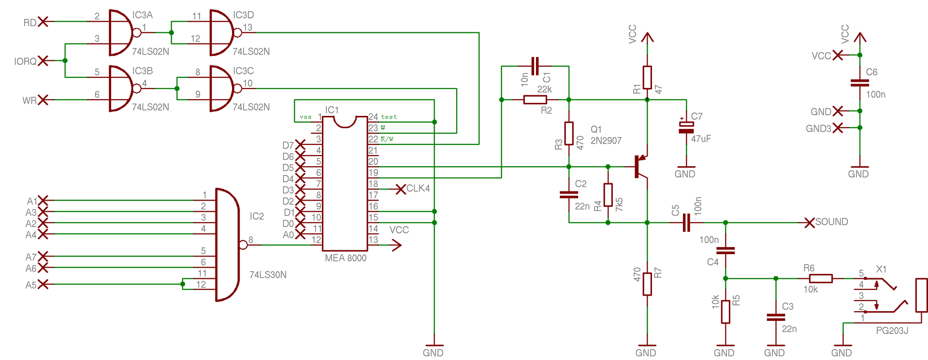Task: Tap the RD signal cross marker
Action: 43,22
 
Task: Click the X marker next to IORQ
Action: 43,61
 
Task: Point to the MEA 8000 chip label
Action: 346,258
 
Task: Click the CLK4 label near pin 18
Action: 418,188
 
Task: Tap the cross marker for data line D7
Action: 300,144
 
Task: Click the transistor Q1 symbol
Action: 640,167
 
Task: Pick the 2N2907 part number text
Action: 606,141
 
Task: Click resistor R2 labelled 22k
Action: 535,100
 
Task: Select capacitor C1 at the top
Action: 535,66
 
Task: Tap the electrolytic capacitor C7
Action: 686,127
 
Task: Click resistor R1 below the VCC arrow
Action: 647,77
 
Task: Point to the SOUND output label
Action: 832,222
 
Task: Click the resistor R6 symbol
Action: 821,278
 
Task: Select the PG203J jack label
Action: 892,331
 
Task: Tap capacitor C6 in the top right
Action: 860,83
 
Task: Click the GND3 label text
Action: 818,129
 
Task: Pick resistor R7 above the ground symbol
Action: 647,284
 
